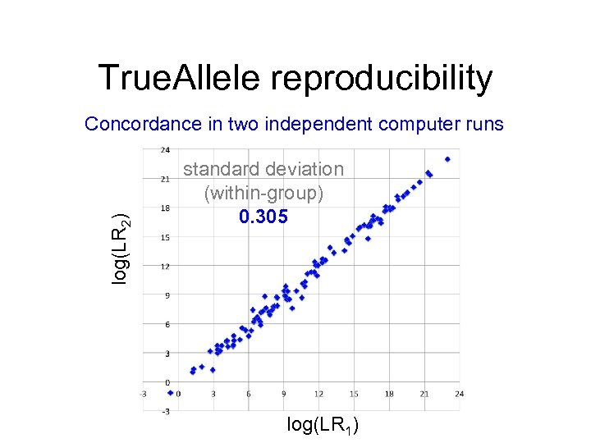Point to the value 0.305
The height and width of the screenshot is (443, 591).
(263, 217)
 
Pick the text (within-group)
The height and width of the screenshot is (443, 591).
(263, 193)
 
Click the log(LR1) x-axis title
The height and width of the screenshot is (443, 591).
(323, 425)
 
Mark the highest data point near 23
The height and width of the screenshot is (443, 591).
(447, 159)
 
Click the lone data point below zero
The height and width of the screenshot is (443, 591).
(171, 392)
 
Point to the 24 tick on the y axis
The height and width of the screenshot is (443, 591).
(165, 149)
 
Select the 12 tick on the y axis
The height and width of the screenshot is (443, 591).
(165, 267)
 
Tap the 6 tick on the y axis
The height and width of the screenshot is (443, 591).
(166, 325)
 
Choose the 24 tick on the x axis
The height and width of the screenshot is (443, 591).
(459, 395)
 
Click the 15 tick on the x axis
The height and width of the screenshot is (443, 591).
(354, 395)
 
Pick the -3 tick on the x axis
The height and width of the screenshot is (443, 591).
(144, 395)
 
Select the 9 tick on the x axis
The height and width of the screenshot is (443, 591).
(284, 395)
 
